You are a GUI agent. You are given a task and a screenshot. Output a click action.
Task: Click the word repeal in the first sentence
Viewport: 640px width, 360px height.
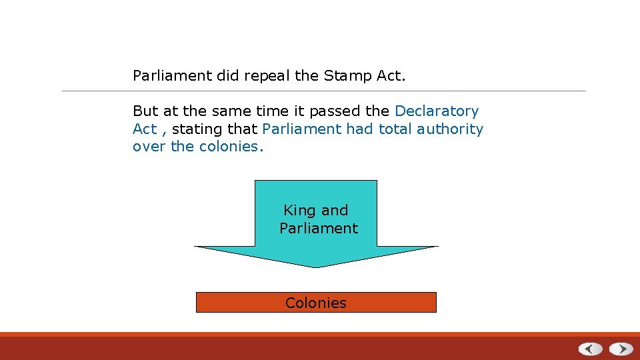[267, 76]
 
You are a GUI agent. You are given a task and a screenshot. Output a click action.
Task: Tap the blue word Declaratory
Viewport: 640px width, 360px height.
[437, 111]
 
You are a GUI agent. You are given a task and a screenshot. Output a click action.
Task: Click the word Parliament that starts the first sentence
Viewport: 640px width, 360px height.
[172, 76]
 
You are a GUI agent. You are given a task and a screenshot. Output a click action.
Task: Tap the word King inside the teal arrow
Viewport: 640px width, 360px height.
[299, 211]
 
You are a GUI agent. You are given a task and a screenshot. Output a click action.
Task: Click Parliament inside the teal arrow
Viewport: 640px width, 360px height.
[319, 229]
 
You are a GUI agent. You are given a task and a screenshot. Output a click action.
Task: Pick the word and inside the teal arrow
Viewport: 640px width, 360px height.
[335, 211]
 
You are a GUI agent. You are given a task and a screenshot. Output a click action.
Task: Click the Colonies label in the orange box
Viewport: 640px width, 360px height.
[316, 303]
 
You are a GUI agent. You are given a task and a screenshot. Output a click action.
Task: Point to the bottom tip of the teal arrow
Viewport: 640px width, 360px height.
[316, 267]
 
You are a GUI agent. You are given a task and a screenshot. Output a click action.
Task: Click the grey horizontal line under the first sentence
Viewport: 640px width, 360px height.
[324, 91]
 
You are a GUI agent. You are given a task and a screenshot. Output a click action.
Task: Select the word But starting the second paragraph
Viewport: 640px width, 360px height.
[145, 111]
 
